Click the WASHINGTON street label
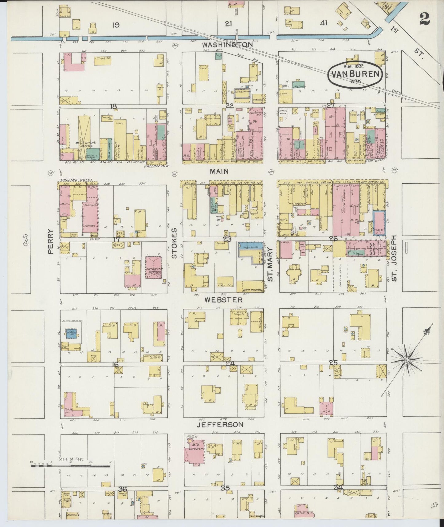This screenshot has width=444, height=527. tap(227, 45)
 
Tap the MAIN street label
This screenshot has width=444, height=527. tap(219, 172)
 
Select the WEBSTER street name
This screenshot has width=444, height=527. tap(224, 300)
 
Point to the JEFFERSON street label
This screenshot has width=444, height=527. tap(220, 425)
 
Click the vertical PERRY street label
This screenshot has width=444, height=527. tap(51, 241)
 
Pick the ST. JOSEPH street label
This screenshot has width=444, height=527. tap(395, 259)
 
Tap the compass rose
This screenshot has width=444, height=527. tap(407, 359)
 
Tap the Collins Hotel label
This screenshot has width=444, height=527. tap(73, 180)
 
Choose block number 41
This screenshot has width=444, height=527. tap(324, 23)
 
